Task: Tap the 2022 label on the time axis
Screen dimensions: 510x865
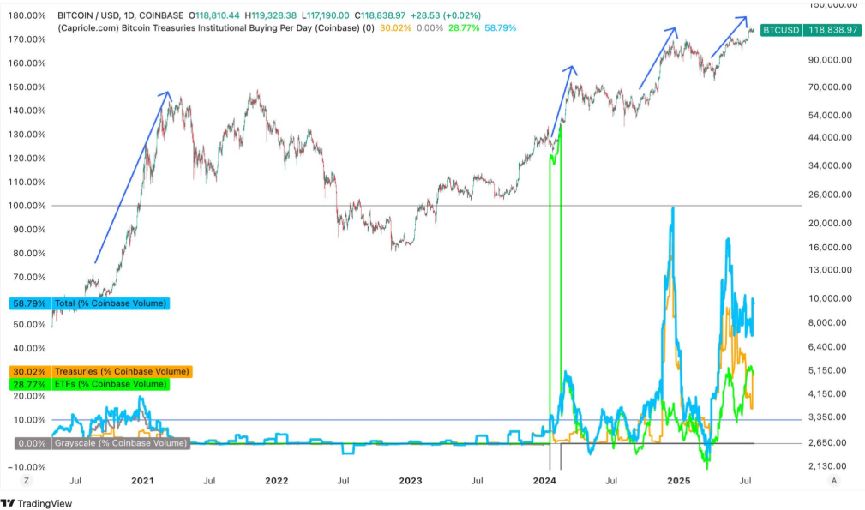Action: [x=276, y=481]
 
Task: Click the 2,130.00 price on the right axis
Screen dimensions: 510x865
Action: [x=832, y=465]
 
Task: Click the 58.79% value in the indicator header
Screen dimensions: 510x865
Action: [x=501, y=28]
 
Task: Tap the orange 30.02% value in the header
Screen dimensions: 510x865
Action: [x=395, y=28]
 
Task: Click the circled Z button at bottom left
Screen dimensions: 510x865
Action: [x=27, y=481]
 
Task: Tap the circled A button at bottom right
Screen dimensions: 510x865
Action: [x=834, y=481]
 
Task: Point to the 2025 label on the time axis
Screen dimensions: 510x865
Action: [x=679, y=481]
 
